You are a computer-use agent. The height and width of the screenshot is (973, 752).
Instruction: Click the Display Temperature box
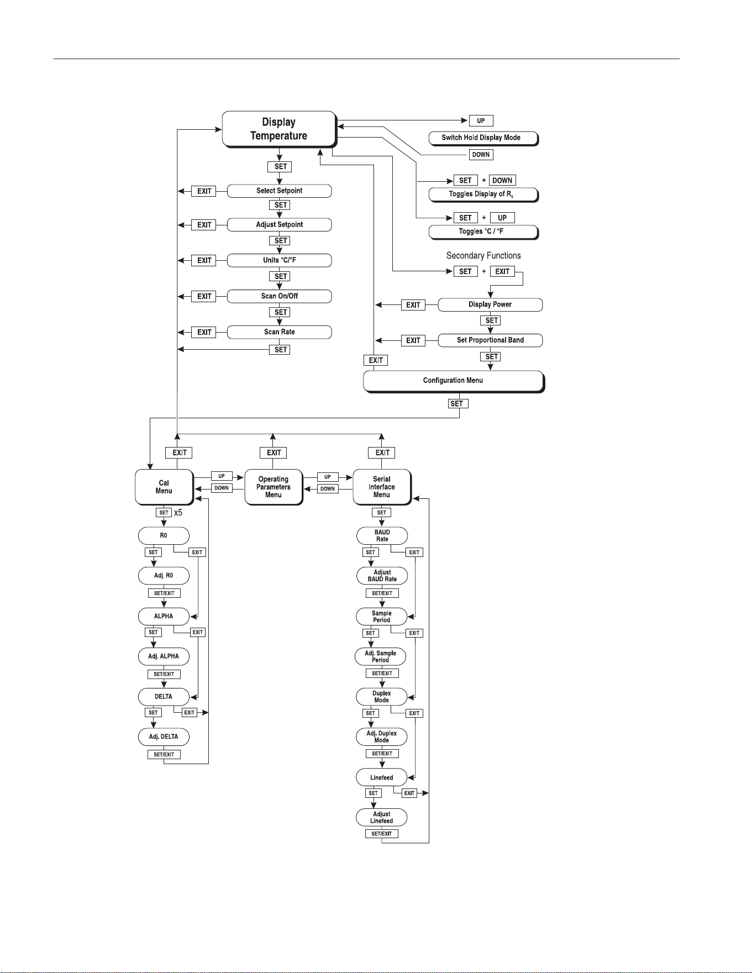279,129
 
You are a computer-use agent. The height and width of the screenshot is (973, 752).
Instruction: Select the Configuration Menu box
454,381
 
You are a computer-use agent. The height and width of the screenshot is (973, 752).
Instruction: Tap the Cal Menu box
164,487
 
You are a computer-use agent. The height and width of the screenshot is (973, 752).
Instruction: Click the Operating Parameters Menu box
274,487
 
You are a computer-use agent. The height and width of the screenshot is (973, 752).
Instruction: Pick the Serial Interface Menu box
382,487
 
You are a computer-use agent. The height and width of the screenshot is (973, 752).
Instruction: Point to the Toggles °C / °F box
483,232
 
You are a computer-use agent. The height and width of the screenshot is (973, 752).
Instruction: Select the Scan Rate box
279,332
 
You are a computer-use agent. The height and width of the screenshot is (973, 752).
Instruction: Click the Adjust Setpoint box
279,225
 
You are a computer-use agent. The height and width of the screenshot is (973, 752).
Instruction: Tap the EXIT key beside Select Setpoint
204,191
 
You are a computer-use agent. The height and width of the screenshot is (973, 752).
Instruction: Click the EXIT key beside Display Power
413,305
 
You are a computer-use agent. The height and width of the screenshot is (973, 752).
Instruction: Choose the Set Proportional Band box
490,340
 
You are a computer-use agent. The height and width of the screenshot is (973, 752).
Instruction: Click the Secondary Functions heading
483,255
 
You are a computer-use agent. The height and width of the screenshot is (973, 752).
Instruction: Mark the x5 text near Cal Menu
178,513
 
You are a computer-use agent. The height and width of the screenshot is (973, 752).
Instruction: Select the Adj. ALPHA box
164,656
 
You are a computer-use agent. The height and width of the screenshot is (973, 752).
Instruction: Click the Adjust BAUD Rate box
382,576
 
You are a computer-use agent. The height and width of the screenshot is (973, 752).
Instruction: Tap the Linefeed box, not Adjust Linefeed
382,777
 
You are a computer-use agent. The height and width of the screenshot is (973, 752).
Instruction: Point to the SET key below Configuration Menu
457,404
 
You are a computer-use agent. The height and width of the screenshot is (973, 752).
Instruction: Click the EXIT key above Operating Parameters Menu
274,453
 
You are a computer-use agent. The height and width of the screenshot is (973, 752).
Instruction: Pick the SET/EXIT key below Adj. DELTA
164,754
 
